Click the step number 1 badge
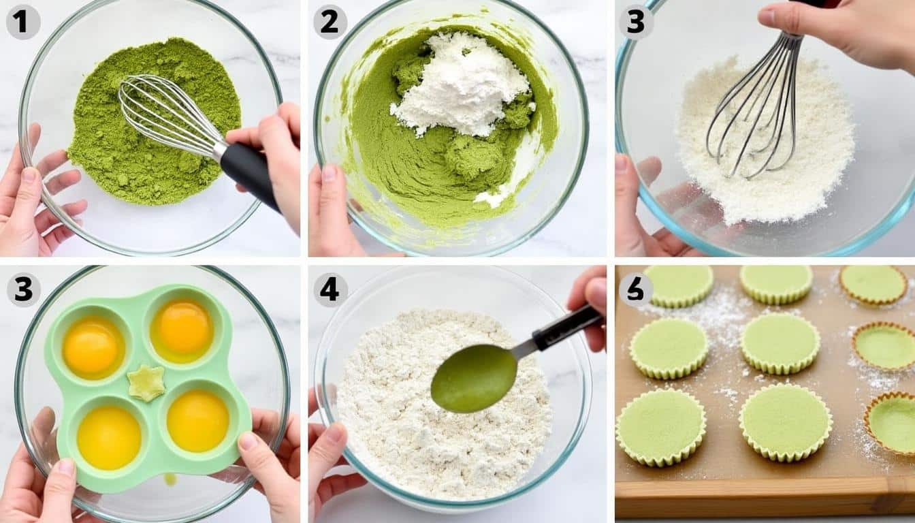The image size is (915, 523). click(x=23, y=22)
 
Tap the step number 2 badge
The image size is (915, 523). click(x=330, y=22)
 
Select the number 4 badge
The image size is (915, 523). click(x=330, y=290)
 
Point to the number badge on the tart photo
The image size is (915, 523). click(x=636, y=290)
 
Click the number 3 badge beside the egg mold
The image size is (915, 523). click(x=23, y=290)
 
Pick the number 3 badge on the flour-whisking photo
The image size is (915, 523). click(x=636, y=22)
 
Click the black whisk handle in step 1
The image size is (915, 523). click(x=249, y=174)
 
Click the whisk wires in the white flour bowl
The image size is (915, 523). click(x=756, y=110)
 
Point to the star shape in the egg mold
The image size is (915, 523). click(x=146, y=383)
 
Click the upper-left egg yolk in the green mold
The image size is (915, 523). click(x=93, y=347)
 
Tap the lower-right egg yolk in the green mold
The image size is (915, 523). click(x=197, y=420)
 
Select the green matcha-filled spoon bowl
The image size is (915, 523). click(x=474, y=378)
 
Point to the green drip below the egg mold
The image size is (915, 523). click(x=170, y=479)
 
